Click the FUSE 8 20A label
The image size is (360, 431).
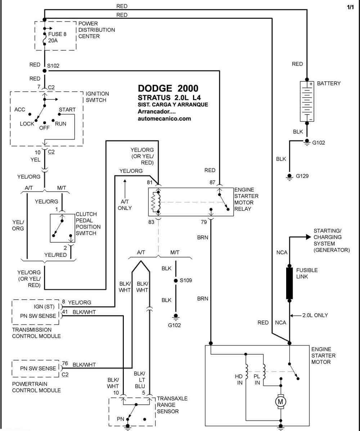57,37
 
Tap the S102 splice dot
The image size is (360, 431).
45,71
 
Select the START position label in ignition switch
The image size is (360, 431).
67,110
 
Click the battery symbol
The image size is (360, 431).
307,101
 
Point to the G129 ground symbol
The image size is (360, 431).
289,177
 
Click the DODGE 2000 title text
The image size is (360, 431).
168,88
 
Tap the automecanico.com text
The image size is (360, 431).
164,119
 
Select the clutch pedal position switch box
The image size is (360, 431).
62,228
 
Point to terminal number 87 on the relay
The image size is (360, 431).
212,182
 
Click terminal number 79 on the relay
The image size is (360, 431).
204,222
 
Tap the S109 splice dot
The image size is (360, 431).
176,280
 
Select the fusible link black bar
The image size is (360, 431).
289,283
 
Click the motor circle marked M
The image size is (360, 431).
280,401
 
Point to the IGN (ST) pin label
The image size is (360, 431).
44,307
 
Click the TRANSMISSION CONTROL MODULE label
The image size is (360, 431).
36,333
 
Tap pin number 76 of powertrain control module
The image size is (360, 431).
65,363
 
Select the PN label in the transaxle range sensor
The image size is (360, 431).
121,419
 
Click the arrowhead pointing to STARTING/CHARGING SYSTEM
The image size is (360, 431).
309,237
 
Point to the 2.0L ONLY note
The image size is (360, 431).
315,315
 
